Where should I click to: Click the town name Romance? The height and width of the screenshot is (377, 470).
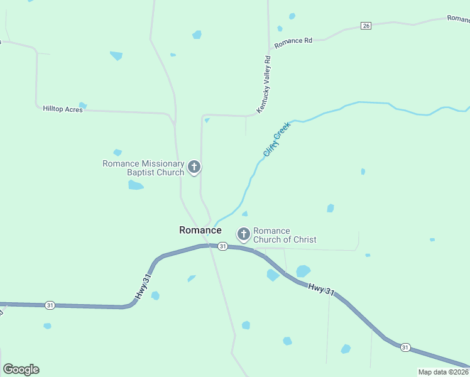(x=200, y=230)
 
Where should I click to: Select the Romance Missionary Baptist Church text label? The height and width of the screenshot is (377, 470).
(x=143, y=168)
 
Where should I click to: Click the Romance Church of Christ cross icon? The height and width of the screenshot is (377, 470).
(x=244, y=234)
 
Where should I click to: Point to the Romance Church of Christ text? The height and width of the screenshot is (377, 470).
(x=284, y=235)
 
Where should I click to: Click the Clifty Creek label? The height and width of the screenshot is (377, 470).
(x=277, y=139)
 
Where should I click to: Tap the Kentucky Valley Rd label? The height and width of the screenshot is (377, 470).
(x=264, y=85)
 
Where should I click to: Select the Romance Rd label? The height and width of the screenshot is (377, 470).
(x=293, y=41)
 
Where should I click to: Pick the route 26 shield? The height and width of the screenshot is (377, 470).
(x=366, y=25)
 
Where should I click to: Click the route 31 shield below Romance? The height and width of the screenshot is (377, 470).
(x=222, y=247)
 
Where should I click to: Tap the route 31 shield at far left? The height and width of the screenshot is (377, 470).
(x=50, y=305)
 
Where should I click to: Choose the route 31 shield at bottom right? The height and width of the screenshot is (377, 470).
(x=405, y=347)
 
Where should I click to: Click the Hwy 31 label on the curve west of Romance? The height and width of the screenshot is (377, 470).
(x=143, y=287)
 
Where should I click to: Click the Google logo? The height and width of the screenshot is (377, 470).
(x=21, y=369)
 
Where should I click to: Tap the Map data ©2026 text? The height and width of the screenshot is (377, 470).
(x=443, y=372)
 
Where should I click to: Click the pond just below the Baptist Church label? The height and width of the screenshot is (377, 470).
(x=136, y=185)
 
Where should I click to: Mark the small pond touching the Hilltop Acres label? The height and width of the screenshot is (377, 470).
(x=82, y=106)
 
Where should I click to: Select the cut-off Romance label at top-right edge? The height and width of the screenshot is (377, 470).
(x=459, y=19)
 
